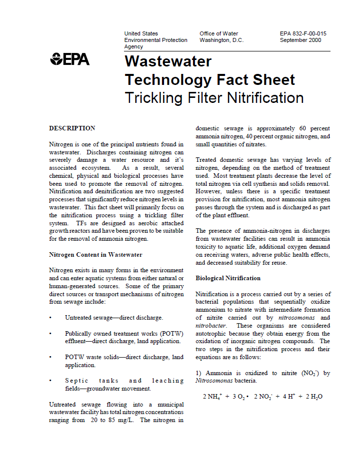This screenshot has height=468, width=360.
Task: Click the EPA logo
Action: coord(69,59)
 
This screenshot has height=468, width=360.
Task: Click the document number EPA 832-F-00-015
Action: coord(303,33)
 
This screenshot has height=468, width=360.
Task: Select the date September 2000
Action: coord(300,40)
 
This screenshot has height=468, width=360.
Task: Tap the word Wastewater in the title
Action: coord(168,61)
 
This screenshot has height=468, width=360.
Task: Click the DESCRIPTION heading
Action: coord(72,128)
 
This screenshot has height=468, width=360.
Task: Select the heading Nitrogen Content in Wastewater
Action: coord(95,255)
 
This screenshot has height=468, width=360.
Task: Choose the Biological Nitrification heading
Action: coord(228,278)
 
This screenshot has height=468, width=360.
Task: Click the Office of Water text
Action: coord(218,33)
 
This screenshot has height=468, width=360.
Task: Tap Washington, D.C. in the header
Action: coord(221,40)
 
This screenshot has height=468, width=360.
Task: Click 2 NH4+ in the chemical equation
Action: coord(212,397)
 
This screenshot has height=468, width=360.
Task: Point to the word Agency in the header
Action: coord(133,46)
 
